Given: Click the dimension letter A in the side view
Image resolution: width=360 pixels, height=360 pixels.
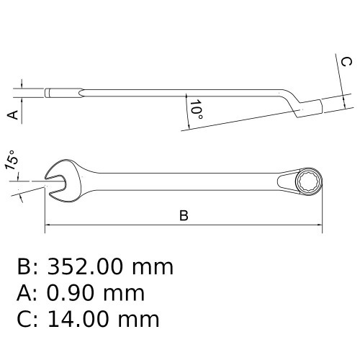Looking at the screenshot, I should click(x=12, y=114).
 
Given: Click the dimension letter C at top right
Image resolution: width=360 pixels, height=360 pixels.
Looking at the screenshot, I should click(x=345, y=63).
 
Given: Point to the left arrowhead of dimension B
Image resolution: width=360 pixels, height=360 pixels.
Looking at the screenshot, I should click(x=50, y=225).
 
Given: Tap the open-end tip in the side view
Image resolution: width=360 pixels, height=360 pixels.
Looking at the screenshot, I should click(x=48, y=93).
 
